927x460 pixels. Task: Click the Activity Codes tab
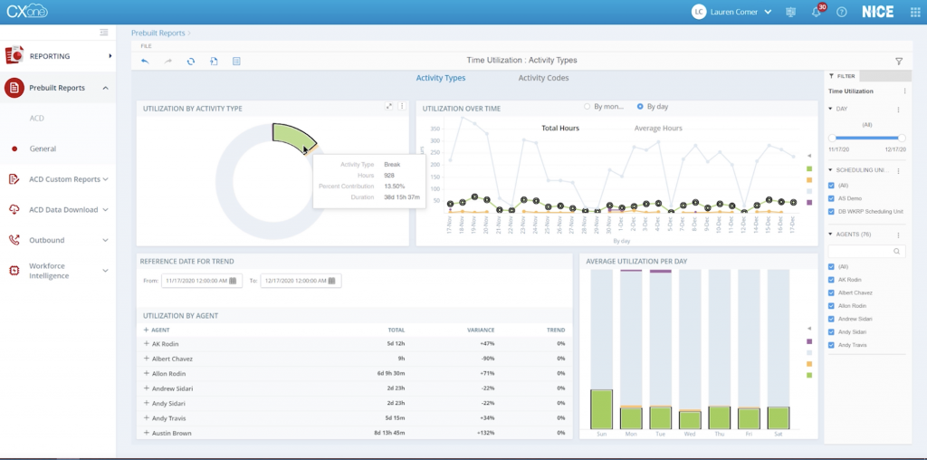pyautogui.click(x=543, y=78)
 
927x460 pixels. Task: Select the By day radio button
pyautogui.click(x=641, y=106)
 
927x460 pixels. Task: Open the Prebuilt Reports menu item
pyautogui.click(x=57, y=88)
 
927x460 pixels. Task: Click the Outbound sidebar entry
pyautogui.click(x=47, y=240)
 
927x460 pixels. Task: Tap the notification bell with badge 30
pyautogui.click(x=816, y=12)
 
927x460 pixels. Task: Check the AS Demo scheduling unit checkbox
pyautogui.click(x=832, y=198)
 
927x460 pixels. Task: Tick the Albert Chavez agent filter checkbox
pyautogui.click(x=832, y=293)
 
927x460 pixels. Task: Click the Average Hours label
pyautogui.click(x=657, y=129)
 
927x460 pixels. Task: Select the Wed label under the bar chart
pyautogui.click(x=690, y=434)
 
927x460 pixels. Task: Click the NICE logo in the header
pyautogui.click(x=876, y=12)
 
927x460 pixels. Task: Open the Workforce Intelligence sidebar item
pyautogui.click(x=49, y=270)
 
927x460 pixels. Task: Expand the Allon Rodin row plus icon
pyautogui.click(x=147, y=374)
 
